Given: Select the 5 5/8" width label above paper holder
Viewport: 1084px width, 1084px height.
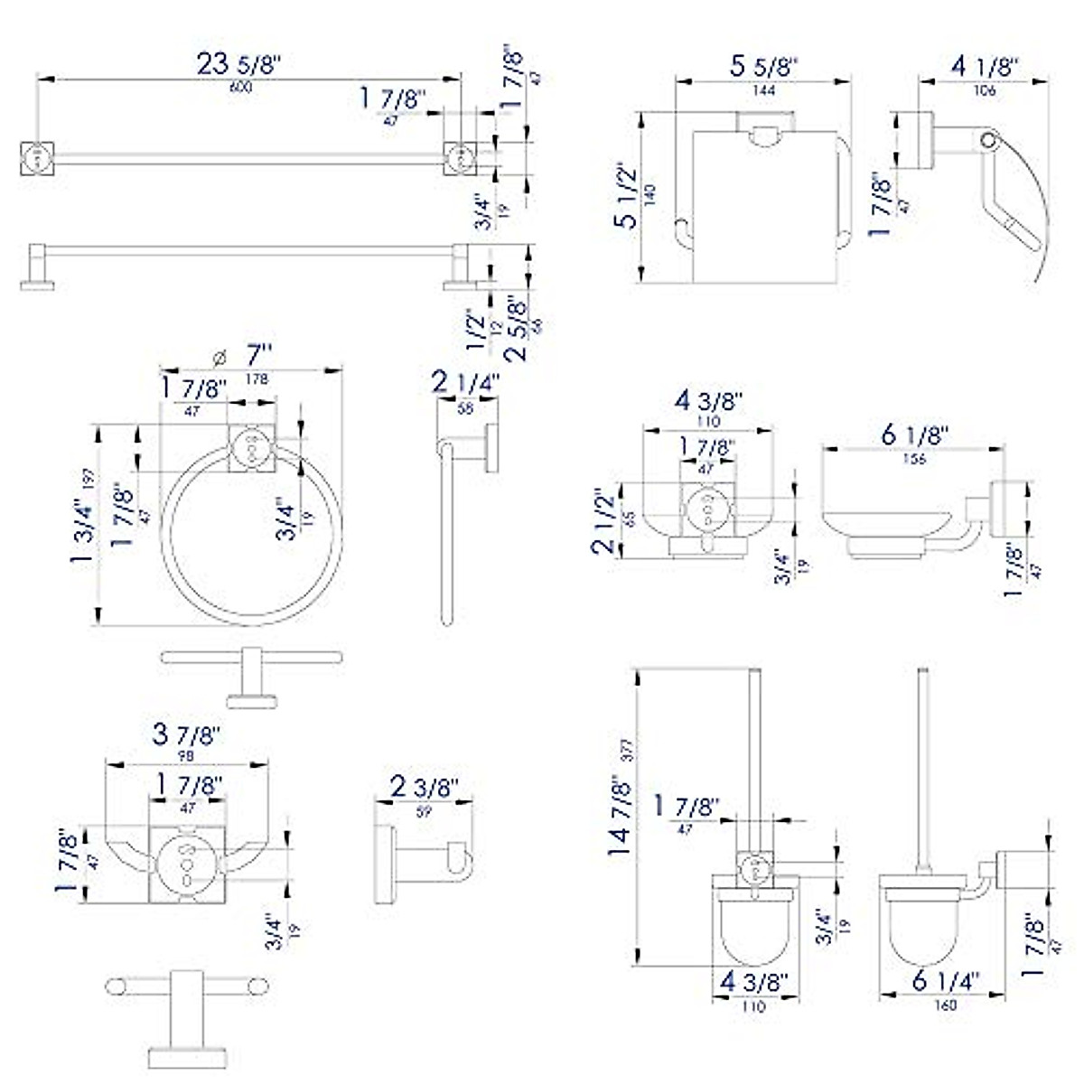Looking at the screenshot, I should [764, 67].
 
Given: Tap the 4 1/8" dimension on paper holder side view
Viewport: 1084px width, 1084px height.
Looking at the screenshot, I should [985, 67].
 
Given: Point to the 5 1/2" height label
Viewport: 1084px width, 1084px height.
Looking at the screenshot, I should [626, 195].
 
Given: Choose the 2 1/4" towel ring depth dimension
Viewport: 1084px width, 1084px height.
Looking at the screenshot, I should [465, 386].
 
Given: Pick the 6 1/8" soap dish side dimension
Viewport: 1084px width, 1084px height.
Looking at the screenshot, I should [913, 435].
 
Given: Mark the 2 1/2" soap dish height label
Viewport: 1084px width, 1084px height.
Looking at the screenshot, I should [604, 519].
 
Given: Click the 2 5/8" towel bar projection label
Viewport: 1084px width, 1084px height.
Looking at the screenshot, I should [519, 327].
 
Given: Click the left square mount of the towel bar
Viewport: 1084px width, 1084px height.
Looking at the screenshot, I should [37, 158].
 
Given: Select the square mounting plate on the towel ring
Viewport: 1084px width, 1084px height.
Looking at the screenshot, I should [250, 447].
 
